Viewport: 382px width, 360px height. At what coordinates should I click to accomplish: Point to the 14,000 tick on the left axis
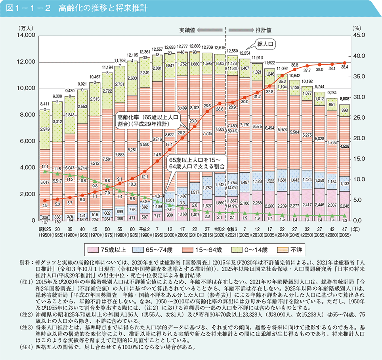(27, 36)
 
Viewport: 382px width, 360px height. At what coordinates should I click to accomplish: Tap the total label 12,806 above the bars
(195, 46)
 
